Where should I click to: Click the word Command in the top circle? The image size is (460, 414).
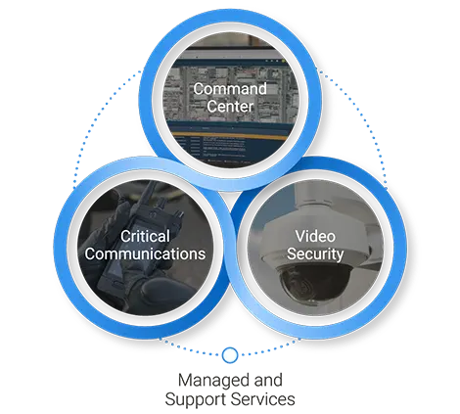[x=230, y=89]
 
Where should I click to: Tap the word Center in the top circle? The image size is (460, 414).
[x=230, y=107]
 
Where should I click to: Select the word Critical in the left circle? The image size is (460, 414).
[x=145, y=236]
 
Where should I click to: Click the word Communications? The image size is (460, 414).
[x=145, y=253]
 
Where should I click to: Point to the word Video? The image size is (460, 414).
[x=315, y=236]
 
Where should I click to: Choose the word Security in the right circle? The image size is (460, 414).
[x=315, y=254]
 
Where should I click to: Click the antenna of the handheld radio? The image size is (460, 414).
[x=146, y=195]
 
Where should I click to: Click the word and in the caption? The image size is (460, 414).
[x=268, y=380]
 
